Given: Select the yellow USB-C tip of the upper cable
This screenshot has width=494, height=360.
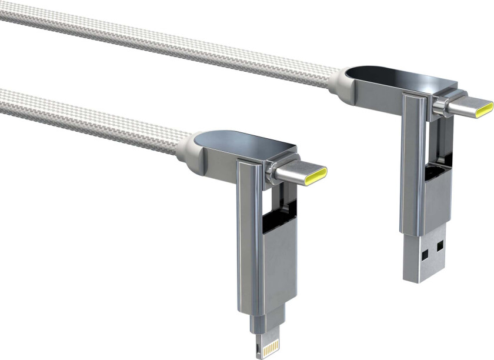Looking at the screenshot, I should click(x=484, y=109).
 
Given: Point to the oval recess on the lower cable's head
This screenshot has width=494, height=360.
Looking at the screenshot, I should click(x=227, y=140).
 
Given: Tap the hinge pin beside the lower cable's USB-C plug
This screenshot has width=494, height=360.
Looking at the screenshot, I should click(x=271, y=171).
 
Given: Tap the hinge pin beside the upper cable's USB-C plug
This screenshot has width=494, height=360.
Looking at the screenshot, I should click(x=438, y=106).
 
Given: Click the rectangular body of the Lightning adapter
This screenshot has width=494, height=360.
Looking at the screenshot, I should click(x=276, y=271).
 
